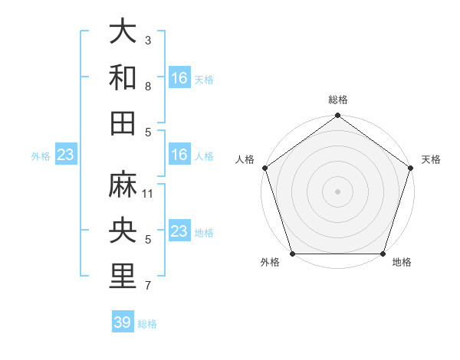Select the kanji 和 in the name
coord(123,77)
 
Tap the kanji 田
coord(123,123)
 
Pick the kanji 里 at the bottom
coord(123,277)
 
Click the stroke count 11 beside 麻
coord(149,194)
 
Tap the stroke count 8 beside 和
coord(148,87)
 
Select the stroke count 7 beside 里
coord(148,286)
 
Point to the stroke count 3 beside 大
coord(148,40)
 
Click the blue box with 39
coord(122,322)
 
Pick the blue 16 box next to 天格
coord(179,77)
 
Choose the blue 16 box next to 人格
coord(179,155)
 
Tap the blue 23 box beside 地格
coord(179,231)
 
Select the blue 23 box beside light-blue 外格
coord(66,155)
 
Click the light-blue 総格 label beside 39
coord(148,324)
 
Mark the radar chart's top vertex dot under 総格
coord(338,116)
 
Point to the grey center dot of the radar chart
coord(338,191)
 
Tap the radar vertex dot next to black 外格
coord(292,254)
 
